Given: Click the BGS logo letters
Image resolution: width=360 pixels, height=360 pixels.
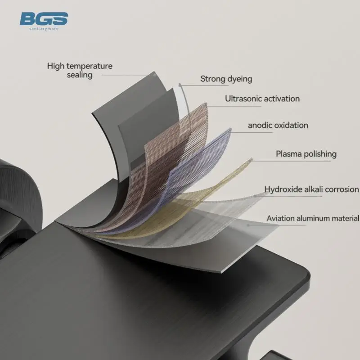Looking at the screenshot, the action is point(44,18).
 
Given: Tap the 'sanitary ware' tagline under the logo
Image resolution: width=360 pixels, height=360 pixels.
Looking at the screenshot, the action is point(44,29).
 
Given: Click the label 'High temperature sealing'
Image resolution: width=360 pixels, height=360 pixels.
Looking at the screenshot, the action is point(80,71).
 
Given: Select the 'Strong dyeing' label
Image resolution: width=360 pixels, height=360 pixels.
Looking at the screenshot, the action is point(226,79).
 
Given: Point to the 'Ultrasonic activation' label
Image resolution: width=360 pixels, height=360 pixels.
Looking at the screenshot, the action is point(262,99).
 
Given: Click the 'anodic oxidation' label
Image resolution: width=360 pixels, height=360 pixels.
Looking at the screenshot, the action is point(278,126).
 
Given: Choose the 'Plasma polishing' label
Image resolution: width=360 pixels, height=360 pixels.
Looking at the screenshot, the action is point(306,154).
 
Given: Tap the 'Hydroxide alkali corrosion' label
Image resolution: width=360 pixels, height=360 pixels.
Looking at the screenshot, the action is point(311,189).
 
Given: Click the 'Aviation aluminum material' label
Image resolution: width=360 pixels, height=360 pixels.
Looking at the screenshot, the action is point(313,218).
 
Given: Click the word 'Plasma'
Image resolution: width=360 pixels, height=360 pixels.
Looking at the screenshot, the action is point(289,154).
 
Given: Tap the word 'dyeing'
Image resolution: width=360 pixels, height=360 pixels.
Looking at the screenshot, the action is point(240,79).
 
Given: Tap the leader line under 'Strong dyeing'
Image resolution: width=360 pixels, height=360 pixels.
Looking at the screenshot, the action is point(204,85).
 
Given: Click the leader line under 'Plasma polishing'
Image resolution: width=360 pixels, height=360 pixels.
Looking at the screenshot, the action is point(291,160).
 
